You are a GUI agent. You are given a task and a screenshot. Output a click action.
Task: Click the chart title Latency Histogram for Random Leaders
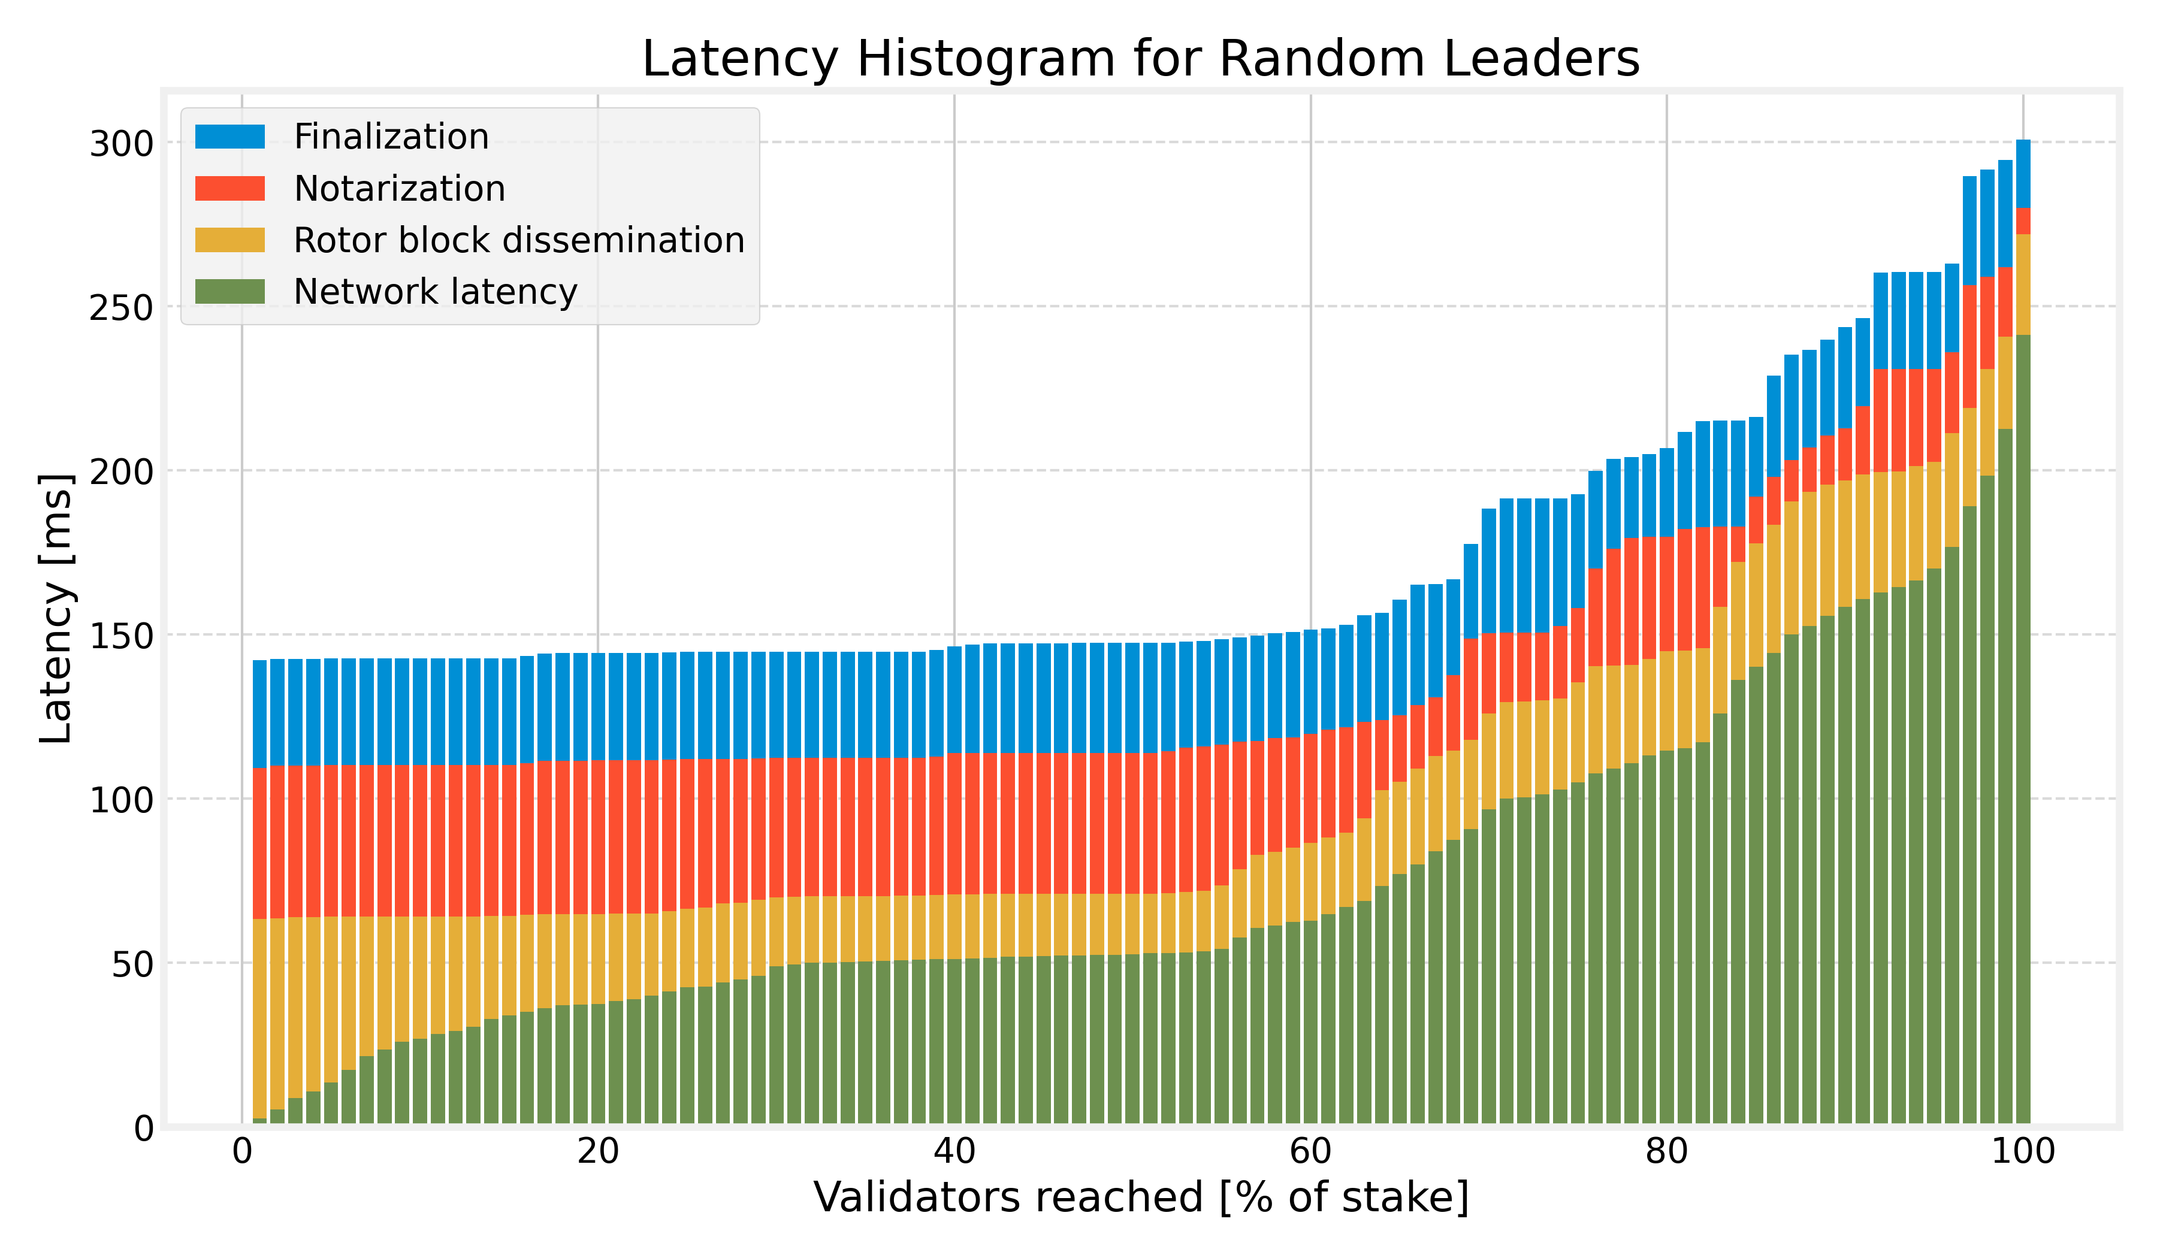pyautogui.click(x=1140, y=60)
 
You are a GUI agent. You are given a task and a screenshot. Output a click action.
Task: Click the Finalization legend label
pyautogui.click(x=391, y=137)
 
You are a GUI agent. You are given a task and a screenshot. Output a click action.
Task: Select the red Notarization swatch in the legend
pyautogui.click(x=229, y=188)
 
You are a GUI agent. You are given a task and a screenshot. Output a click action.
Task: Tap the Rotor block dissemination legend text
pyautogui.click(x=519, y=240)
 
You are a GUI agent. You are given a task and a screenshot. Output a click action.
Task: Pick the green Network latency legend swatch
pyautogui.click(x=229, y=292)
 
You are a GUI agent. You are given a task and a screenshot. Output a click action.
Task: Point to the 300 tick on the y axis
pyautogui.click(x=120, y=144)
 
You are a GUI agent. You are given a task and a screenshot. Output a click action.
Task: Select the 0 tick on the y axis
pyautogui.click(x=143, y=1129)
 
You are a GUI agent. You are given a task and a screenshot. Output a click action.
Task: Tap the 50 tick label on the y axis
pyautogui.click(x=131, y=964)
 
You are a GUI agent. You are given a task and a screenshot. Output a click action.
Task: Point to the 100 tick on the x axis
pyautogui.click(x=2023, y=1153)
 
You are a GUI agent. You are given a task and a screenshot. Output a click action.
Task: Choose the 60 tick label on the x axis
pyautogui.click(x=1310, y=1153)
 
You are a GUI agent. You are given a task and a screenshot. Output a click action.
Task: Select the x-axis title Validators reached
pyautogui.click(x=1140, y=1198)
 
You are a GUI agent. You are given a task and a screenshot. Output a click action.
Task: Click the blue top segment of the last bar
pyautogui.click(x=2023, y=174)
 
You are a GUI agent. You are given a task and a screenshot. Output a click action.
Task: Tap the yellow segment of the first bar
pyautogui.click(x=259, y=1018)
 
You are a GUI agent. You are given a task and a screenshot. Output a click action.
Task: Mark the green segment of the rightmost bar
pyautogui.click(x=2023, y=727)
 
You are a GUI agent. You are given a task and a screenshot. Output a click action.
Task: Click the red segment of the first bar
pyautogui.click(x=259, y=843)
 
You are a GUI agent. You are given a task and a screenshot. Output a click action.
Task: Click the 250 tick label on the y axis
pyautogui.click(x=120, y=308)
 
